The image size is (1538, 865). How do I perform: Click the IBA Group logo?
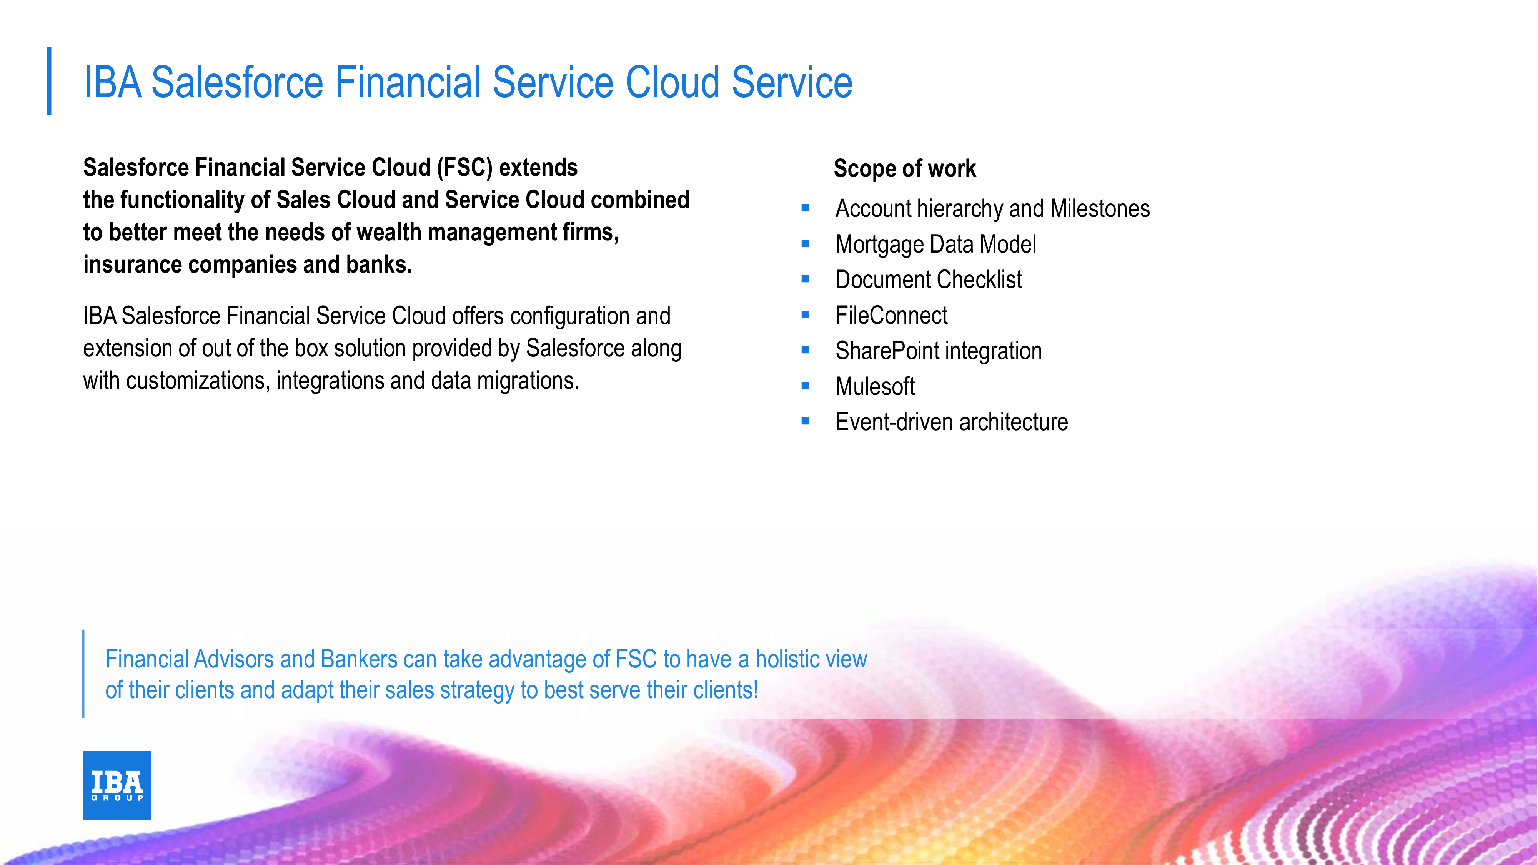click(x=117, y=785)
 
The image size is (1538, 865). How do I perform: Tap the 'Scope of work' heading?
click(x=904, y=169)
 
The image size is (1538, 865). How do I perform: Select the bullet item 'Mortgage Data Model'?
click(x=935, y=244)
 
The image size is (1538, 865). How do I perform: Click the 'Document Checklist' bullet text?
click(x=929, y=279)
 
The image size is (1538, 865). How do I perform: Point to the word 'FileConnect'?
click(x=891, y=315)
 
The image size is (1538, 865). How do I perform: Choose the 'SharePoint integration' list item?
click(x=939, y=351)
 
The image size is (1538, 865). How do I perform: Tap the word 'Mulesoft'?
click(x=875, y=386)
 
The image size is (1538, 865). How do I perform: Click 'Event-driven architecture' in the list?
click(x=952, y=422)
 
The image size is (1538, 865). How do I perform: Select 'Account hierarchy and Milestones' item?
click(x=992, y=209)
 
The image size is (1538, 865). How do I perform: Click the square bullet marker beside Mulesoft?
click(x=806, y=386)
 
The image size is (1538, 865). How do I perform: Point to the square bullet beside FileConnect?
click(x=806, y=314)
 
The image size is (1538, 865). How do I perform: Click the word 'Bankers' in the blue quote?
click(x=359, y=659)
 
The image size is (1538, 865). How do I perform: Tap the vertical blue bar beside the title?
click(x=49, y=81)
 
